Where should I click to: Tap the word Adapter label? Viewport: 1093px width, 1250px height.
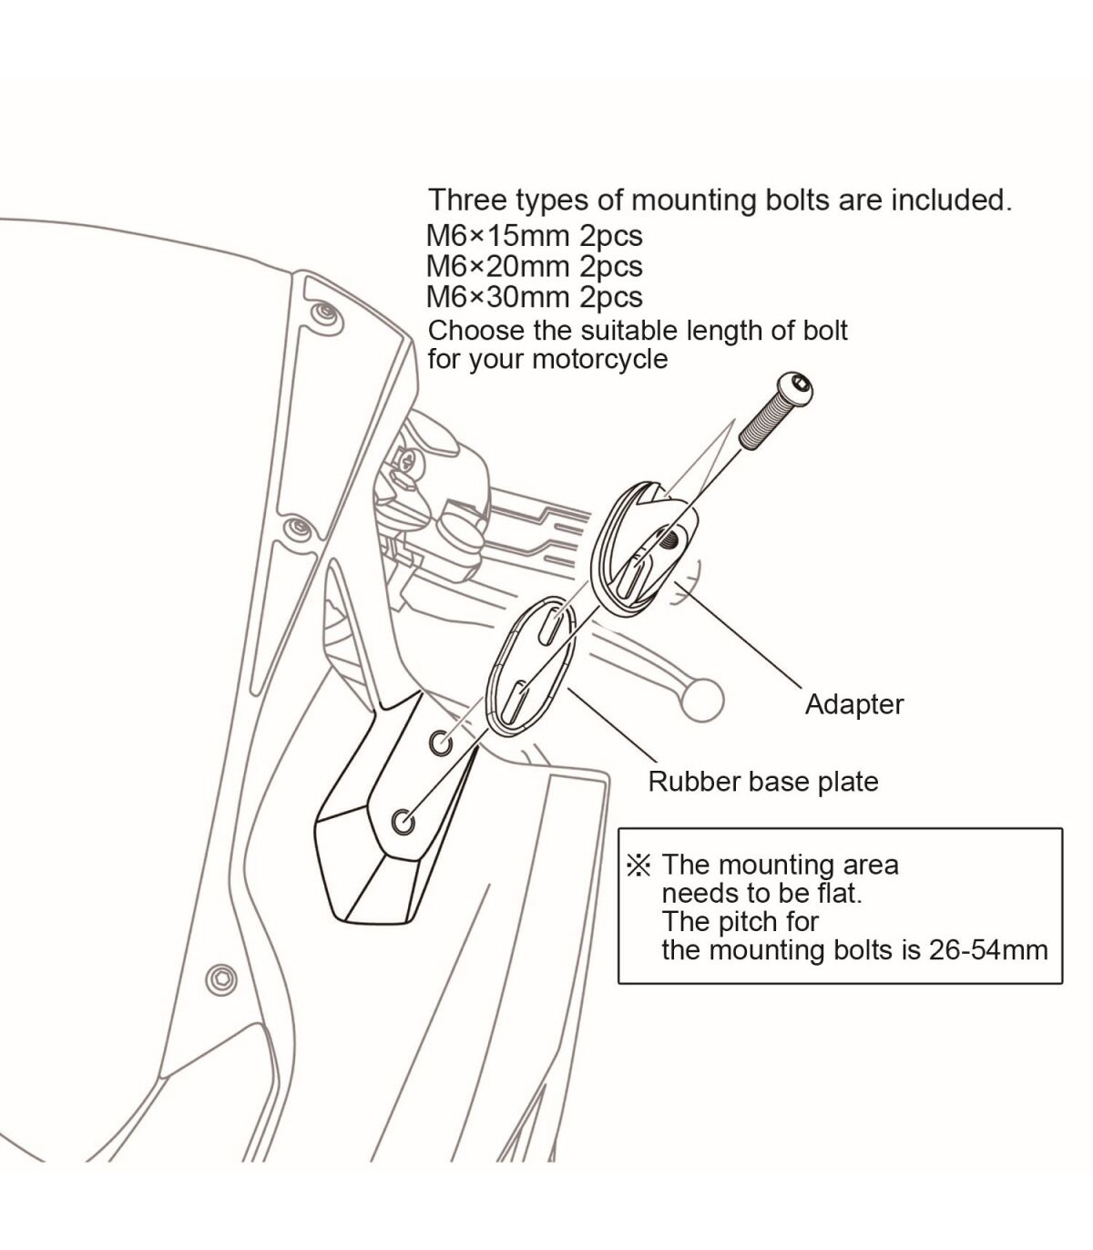(x=853, y=704)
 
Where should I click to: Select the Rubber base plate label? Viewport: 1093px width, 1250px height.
(x=762, y=782)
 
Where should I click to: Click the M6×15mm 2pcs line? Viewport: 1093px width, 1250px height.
(x=534, y=236)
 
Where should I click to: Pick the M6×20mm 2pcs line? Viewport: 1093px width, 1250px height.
(x=534, y=267)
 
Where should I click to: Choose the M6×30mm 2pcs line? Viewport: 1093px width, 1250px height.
(x=534, y=297)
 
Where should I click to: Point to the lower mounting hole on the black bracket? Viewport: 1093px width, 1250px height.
(x=403, y=821)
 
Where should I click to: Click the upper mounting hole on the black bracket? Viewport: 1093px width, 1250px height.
(x=441, y=743)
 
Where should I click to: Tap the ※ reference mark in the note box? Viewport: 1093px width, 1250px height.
(x=638, y=865)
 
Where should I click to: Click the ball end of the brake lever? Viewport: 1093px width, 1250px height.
(x=701, y=700)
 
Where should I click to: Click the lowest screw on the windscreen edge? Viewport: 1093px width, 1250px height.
(x=221, y=978)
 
